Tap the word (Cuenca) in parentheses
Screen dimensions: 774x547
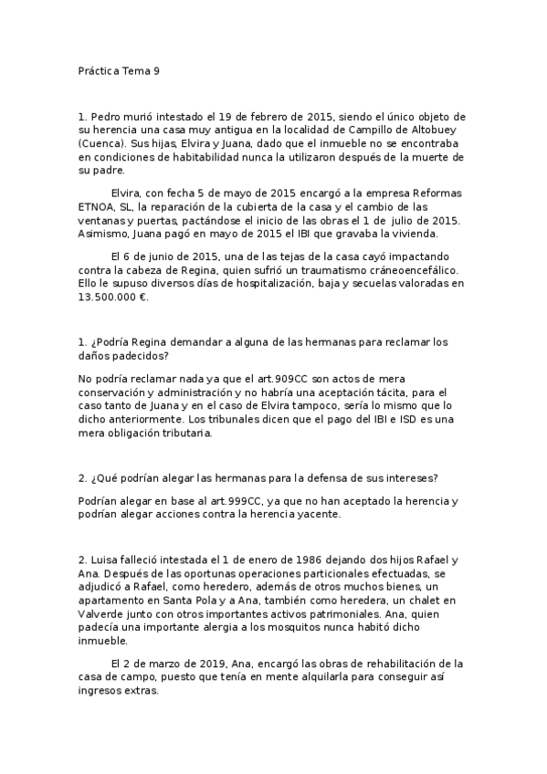(103, 144)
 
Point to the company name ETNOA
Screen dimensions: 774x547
(97, 207)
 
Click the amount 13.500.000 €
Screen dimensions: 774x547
(113, 297)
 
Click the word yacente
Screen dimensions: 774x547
(316, 515)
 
